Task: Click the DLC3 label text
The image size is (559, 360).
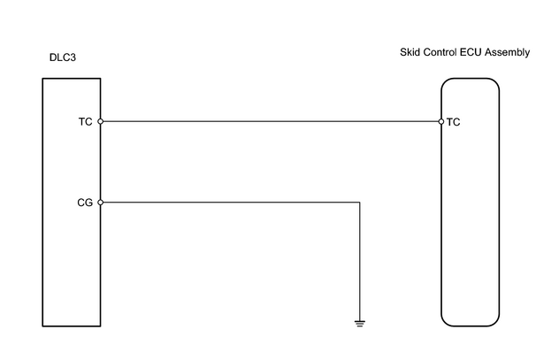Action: (x=63, y=57)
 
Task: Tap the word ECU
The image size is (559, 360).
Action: (x=471, y=52)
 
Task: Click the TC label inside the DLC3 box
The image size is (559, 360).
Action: (x=85, y=122)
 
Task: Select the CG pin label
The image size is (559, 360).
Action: (x=85, y=203)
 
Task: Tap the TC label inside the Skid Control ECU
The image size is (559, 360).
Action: (x=453, y=122)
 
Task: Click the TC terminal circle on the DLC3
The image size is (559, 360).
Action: (x=101, y=121)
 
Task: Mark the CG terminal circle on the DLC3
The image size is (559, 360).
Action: (x=101, y=203)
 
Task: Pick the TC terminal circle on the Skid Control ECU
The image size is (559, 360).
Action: (x=441, y=122)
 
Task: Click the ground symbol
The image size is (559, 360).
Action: (x=360, y=324)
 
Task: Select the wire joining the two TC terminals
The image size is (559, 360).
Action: (x=271, y=121)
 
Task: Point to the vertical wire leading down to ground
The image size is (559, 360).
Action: (x=360, y=262)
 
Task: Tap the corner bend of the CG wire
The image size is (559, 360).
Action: (x=360, y=203)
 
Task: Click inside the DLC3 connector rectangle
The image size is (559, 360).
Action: (x=72, y=249)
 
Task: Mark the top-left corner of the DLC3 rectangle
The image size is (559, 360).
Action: (x=42, y=79)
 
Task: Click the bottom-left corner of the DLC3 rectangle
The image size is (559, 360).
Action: (x=42, y=326)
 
